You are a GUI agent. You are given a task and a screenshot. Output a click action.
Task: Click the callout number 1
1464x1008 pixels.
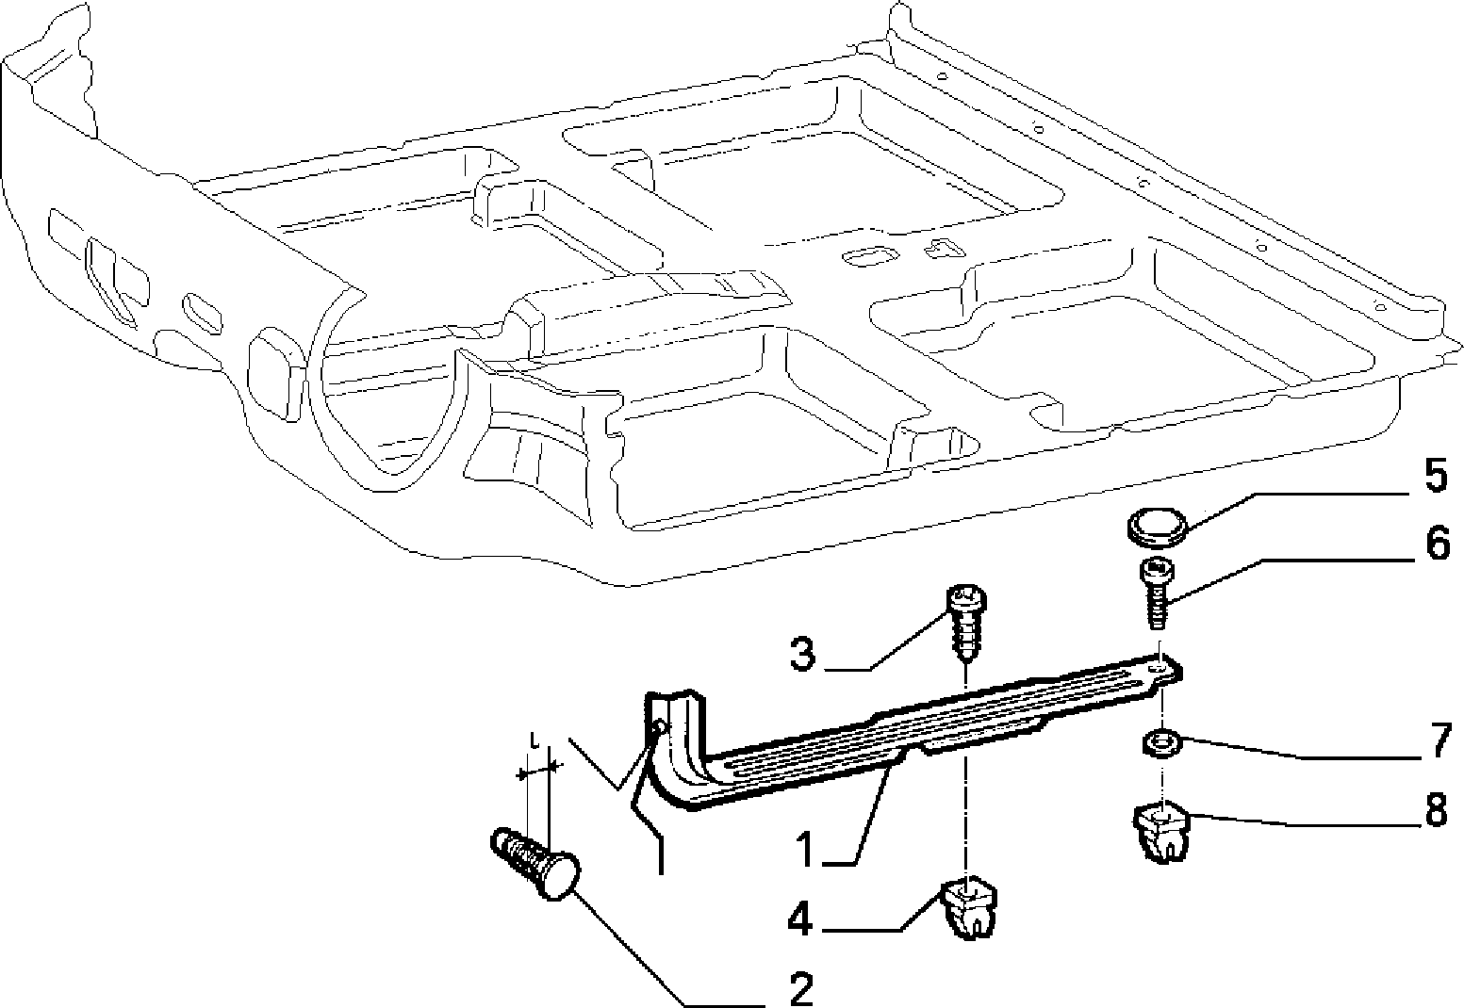pyautogui.click(x=809, y=847)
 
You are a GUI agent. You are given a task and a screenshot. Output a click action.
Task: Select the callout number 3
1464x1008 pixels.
pyautogui.click(x=802, y=653)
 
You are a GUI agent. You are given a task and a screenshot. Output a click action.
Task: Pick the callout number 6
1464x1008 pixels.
pyautogui.click(x=1437, y=543)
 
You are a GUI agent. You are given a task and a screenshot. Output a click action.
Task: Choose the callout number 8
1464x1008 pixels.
pyautogui.click(x=1437, y=811)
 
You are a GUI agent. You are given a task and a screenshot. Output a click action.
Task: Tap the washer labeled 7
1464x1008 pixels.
pyautogui.click(x=1161, y=745)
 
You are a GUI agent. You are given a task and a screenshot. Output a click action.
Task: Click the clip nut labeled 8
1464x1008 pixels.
pyautogui.click(x=1160, y=832)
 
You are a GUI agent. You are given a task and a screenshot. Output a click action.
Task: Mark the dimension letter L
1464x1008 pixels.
pyautogui.click(x=535, y=740)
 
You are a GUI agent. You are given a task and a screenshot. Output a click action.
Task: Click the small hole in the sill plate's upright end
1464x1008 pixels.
pyautogui.click(x=661, y=726)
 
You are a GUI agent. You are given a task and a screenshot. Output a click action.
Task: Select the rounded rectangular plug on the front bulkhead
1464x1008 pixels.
pyautogui.click(x=275, y=374)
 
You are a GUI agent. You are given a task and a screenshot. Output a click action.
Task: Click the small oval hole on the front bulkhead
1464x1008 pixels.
pyautogui.click(x=204, y=315)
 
